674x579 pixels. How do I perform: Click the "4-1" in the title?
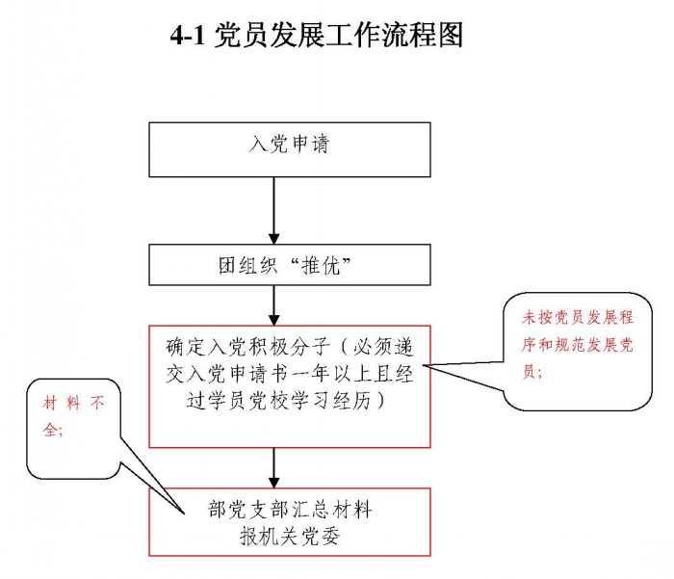[188, 36]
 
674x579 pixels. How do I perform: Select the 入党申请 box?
[290, 149]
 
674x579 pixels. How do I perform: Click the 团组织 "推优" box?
[290, 265]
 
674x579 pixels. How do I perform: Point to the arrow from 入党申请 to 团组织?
[273, 210]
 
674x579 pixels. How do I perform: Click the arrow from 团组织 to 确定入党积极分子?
[273, 305]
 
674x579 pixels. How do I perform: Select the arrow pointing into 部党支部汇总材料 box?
[273, 467]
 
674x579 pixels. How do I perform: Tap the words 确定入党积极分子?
[248, 347]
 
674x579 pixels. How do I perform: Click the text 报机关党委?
[290, 536]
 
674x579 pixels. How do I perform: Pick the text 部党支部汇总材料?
[290, 510]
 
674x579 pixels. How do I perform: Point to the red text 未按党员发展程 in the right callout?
[578, 317]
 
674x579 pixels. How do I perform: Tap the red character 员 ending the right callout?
[529, 371]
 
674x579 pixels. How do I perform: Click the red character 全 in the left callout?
[50, 429]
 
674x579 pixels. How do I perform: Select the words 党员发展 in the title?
[269, 35]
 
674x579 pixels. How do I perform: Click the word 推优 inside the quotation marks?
[321, 265]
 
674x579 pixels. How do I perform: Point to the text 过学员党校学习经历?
[279, 401]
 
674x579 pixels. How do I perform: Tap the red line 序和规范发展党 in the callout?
[578, 345]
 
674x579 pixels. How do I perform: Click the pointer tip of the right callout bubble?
[424, 366]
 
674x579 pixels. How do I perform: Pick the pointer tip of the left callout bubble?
[184, 513]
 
